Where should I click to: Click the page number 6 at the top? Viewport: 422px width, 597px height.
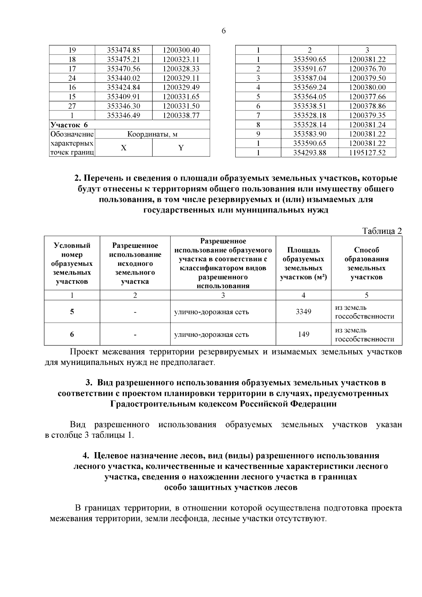[x=224, y=31]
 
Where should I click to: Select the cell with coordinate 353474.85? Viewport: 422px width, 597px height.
[x=123, y=50]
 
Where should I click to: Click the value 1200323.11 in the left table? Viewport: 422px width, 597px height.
[x=181, y=59]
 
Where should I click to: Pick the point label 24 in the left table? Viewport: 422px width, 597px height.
[x=72, y=78]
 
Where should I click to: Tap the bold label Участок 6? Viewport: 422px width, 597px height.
[x=69, y=125]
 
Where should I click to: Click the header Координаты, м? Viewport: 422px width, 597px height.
[x=152, y=134]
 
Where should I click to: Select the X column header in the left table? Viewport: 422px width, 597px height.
[x=123, y=148]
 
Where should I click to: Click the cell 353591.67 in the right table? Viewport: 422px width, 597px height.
[x=309, y=69]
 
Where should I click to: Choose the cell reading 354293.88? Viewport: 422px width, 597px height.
[x=309, y=153]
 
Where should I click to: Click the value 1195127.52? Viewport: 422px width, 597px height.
[x=367, y=153]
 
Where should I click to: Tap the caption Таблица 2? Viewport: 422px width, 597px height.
[x=382, y=231]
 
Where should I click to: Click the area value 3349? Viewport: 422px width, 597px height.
[x=303, y=312]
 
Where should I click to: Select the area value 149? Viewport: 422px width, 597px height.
[x=303, y=334]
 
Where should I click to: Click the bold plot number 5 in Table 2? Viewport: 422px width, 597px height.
[x=72, y=312]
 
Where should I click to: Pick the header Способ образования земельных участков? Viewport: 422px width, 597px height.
[x=366, y=263]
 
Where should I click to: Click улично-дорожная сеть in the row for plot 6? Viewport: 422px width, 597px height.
[x=212, y=334]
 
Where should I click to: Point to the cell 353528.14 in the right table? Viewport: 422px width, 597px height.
[x=309, y=125]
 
